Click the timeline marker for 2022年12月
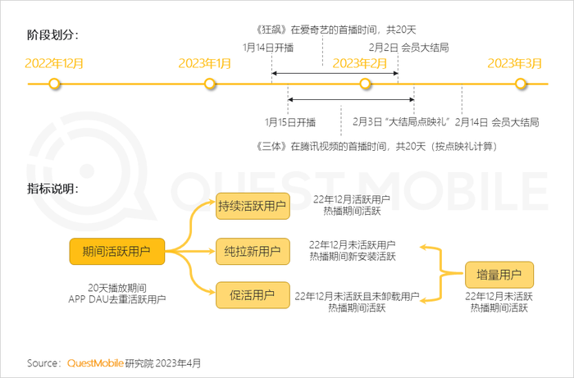pyautogui.click(x=55, y=84)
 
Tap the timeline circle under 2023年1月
pyautogui.click(x=209, y=84)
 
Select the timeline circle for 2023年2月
pyautogui.click(x=365, y=84)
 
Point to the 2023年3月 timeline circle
pyautogui.click(x=520, y=84)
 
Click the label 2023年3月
pyautogui.click(x=514, y=63)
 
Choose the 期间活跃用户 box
pyautogui.click(x=117, y=252)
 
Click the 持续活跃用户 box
pyautogui.click(x=253, y=206)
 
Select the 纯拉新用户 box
pyautogui.click(x=253, y=252)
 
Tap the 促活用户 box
pyautogui.click(x=253, y=295)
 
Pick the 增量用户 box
pyautogui.click(x=499, y=275)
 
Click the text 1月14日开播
pyautogui.click(x=268, y=48)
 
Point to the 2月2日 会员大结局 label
pyautogui.click(x=408, y=48)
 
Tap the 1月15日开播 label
pyautogui.click(x=290, y=122)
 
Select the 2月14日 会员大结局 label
pyautogui.click(x=497, y=122)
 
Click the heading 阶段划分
pyautogui.click(x=52, y=35)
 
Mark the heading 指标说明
pyautogui.click(x=52, y=189)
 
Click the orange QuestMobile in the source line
pyautogui.click(x=95, y=363)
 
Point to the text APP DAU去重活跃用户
pyautogui.click(x=117, y=299)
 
